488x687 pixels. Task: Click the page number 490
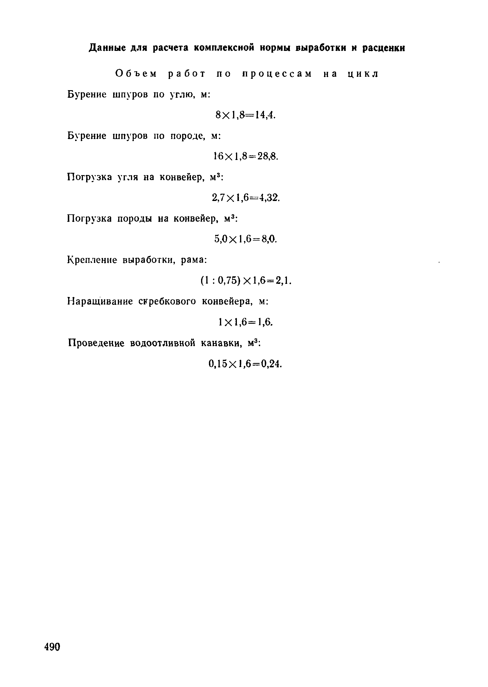[x=52, y=647]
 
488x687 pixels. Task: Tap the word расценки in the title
[x=384, y=48]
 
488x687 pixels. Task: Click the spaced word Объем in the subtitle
[x=136, y=74]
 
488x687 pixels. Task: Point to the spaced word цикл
[x=363, y=74]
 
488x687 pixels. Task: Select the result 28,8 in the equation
[x=268, y=156]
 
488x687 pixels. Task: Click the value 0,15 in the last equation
[x=218, y=364]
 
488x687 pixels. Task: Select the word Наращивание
[x=100, y=301]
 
